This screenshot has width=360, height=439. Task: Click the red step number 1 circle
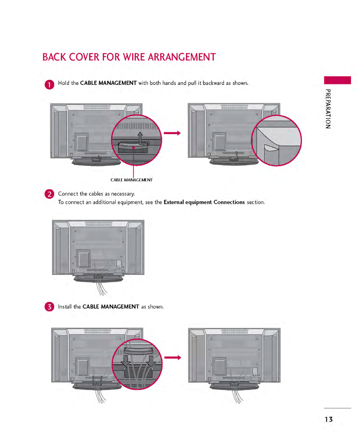point(49,84)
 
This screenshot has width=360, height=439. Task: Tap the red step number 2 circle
point(49,194)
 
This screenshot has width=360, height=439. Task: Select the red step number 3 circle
point(49,307)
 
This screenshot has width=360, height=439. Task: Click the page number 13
point(329,419)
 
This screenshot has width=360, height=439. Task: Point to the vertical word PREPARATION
point(328,109)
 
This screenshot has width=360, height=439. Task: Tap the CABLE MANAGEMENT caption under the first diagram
point(132,180)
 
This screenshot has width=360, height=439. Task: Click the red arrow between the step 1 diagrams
point(172,133)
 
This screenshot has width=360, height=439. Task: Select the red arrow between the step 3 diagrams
point(173,358)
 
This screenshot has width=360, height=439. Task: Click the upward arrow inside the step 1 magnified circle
point(140,138)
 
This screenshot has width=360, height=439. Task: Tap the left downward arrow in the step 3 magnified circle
point(126,361)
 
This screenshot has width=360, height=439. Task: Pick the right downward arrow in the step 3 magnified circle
point(152,361)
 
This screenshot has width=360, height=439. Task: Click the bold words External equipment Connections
point(204,202)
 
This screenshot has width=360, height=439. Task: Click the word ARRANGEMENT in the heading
point(182,57)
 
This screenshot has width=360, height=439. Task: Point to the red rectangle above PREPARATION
point(337,80)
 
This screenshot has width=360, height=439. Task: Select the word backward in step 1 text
point(213,83)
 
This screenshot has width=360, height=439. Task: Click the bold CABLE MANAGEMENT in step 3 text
point(111,307)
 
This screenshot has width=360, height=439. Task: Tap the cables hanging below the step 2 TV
point(101,288)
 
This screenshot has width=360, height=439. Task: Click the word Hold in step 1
point(64,83)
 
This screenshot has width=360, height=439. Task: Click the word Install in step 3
point(65,307)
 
